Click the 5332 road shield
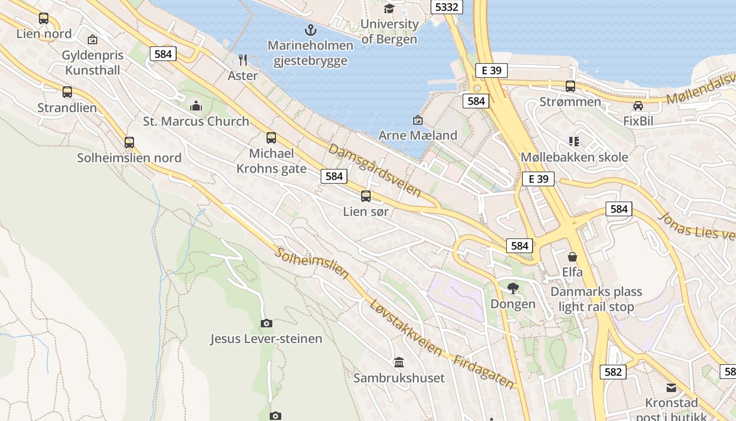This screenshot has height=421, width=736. pos(447,7)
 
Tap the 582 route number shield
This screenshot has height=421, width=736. pos(613,372)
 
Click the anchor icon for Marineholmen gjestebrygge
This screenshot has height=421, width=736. pos(311,29)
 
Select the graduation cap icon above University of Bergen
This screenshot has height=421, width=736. pos(389,8)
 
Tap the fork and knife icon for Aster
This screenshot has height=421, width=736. pos(243,59)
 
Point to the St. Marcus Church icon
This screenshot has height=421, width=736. pos(196,106)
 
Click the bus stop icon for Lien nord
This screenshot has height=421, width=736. pos(44,18)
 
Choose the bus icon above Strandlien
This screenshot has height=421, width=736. pos(67,92)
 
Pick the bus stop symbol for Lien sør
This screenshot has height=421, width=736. pos(366,196)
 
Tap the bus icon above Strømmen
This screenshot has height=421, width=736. pos(570,86)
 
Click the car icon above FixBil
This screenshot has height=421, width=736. pos(638,106)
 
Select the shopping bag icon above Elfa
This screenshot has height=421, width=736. pos(573,257)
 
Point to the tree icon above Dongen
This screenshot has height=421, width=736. pos(513,288)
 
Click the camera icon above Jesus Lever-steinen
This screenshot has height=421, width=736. pos(267,323)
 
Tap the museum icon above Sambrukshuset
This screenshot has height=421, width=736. pos(399,362)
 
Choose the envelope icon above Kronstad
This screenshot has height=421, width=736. pos(671,388)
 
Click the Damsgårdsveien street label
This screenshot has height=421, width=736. pos(374,169)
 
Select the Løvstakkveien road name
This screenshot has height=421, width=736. pos(405,328)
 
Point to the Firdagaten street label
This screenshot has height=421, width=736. pos(484,372)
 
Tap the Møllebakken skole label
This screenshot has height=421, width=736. pos(574,157)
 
